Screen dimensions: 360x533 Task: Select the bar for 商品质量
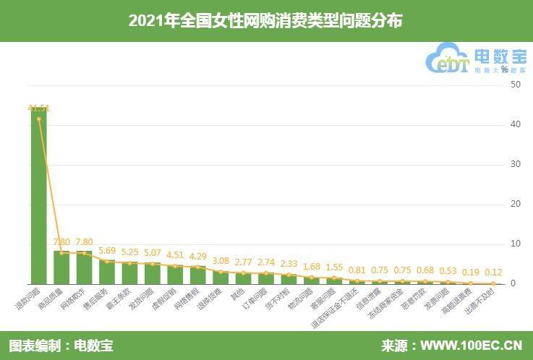61,267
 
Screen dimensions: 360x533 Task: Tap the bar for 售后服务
107,272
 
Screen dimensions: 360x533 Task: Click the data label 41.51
38,108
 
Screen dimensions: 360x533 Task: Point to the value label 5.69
107,252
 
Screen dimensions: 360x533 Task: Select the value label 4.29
198,256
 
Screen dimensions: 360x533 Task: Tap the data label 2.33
289,264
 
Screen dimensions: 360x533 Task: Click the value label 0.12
494,273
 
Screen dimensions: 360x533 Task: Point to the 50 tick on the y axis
515,85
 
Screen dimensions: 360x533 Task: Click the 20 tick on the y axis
515,204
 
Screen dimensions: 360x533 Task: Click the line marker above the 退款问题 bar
38,119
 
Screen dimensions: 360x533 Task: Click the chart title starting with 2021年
265,21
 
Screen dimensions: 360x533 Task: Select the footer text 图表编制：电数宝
61,345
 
